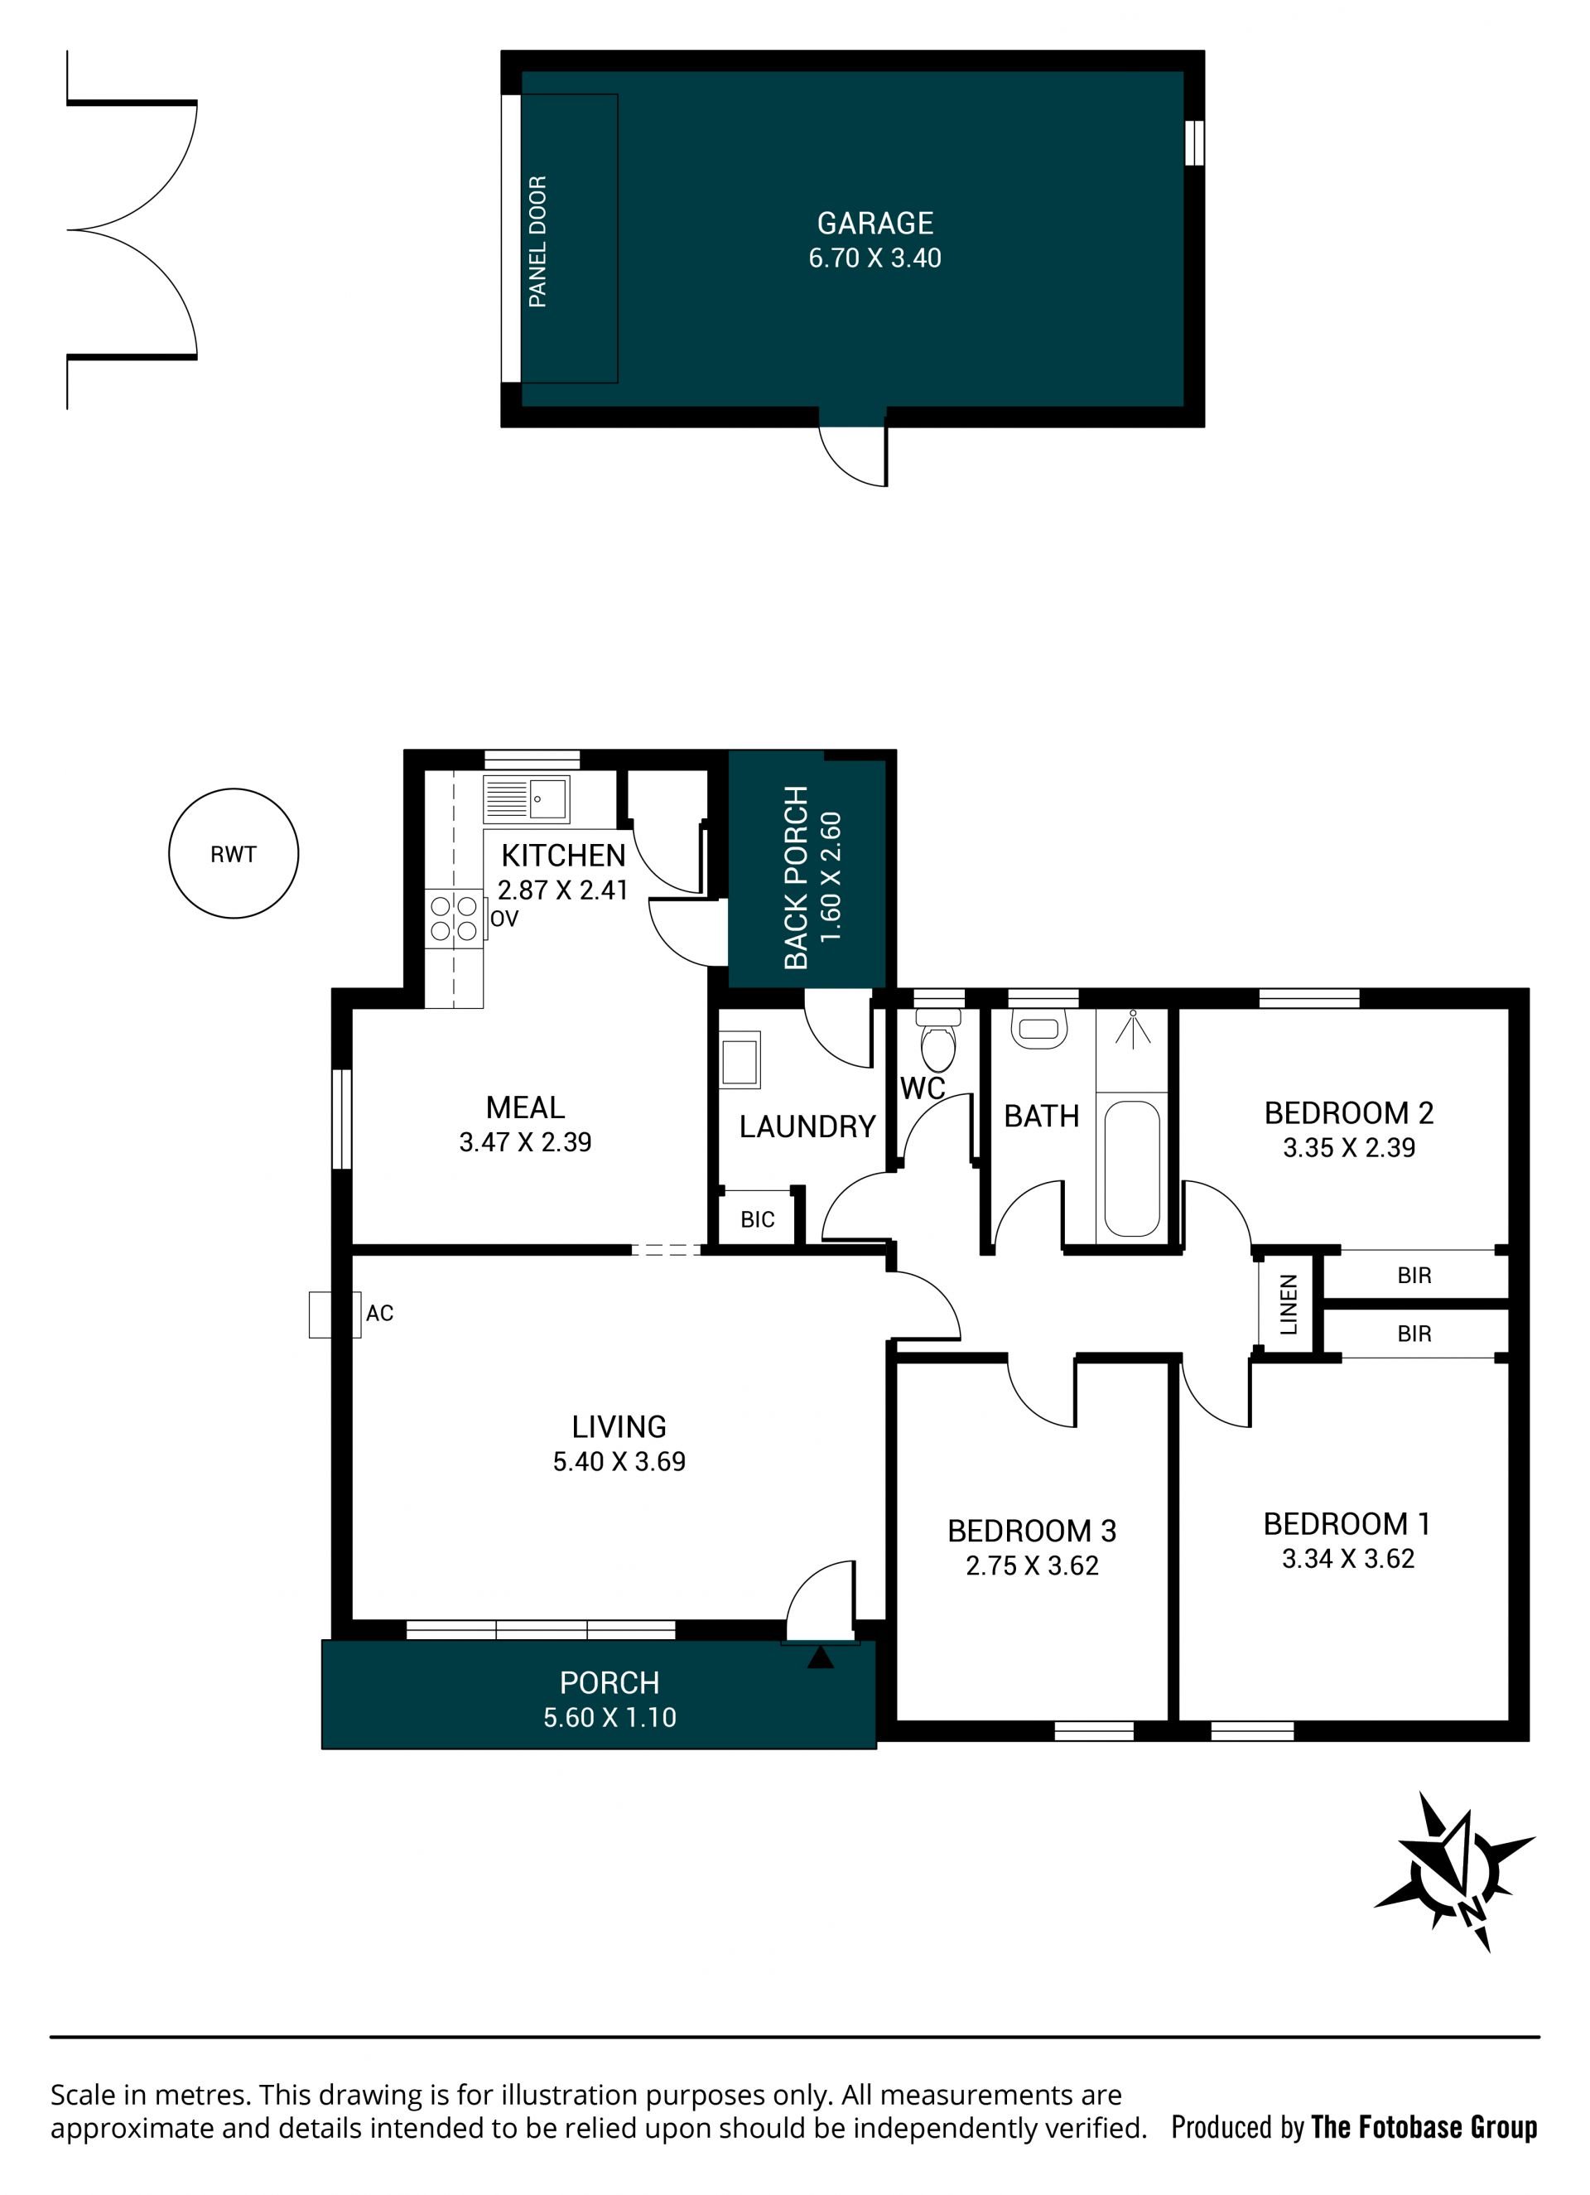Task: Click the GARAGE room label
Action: pyautogui.click(x=874, y=224)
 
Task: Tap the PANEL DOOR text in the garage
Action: pyautogui.click(x=538, y=242)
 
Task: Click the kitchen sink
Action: pyautogui.click(x=527, y=799)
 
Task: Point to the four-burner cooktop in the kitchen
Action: pyautogui.click(x=454, y=919)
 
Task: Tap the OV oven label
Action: pyautogui.click(x=504, y=919)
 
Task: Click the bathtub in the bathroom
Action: pyautogui.click(x=1131, y=1168)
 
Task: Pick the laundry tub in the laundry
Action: pyautogui.click(x=740, y=1058)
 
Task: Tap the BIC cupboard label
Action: pyautogui.click(x=758, y=1219)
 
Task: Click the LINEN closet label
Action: pyautogui.click(x=1288, y=1305)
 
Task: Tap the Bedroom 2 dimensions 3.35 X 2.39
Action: pyautogui.click(x=1349, y=1148)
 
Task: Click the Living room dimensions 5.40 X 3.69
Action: pyautogui.click(x=619, y=1461)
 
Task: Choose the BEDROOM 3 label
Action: pyautogui.click(x=1032, y=1531)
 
